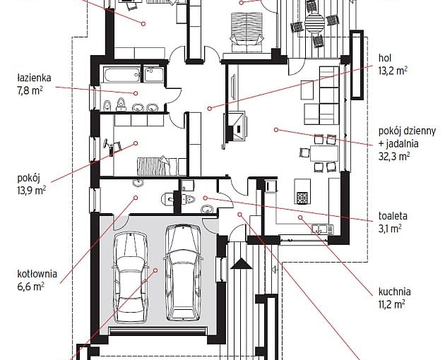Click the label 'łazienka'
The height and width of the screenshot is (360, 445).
point(34,78)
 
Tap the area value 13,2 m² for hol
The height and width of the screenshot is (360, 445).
point(393,71)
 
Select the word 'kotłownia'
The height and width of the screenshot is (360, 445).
point(37,274)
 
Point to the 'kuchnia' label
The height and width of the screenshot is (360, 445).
point(394,292)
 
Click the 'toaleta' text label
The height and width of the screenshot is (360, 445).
point(393,216)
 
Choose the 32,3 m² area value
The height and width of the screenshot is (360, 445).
point(394,156)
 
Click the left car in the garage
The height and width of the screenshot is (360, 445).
point(130,277)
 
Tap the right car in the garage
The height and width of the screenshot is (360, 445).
point(183,272)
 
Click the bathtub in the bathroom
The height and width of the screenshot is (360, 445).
point(122,74)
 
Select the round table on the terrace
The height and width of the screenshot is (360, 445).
point(314,23)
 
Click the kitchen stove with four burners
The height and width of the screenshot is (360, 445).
point(302,198)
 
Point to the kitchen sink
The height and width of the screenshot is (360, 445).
point(322,229)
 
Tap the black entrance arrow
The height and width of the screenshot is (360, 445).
point(242,263)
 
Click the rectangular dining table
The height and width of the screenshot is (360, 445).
point(324,153)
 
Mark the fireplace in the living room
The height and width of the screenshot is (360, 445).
point(236,126)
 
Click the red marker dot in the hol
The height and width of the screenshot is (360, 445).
point(210,109)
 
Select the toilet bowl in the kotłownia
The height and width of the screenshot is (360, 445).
point(168,199)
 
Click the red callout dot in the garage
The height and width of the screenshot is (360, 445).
point(155,270)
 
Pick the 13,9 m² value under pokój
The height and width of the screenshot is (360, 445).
point(32,191)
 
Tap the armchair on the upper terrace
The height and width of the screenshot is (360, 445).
point(247,32)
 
